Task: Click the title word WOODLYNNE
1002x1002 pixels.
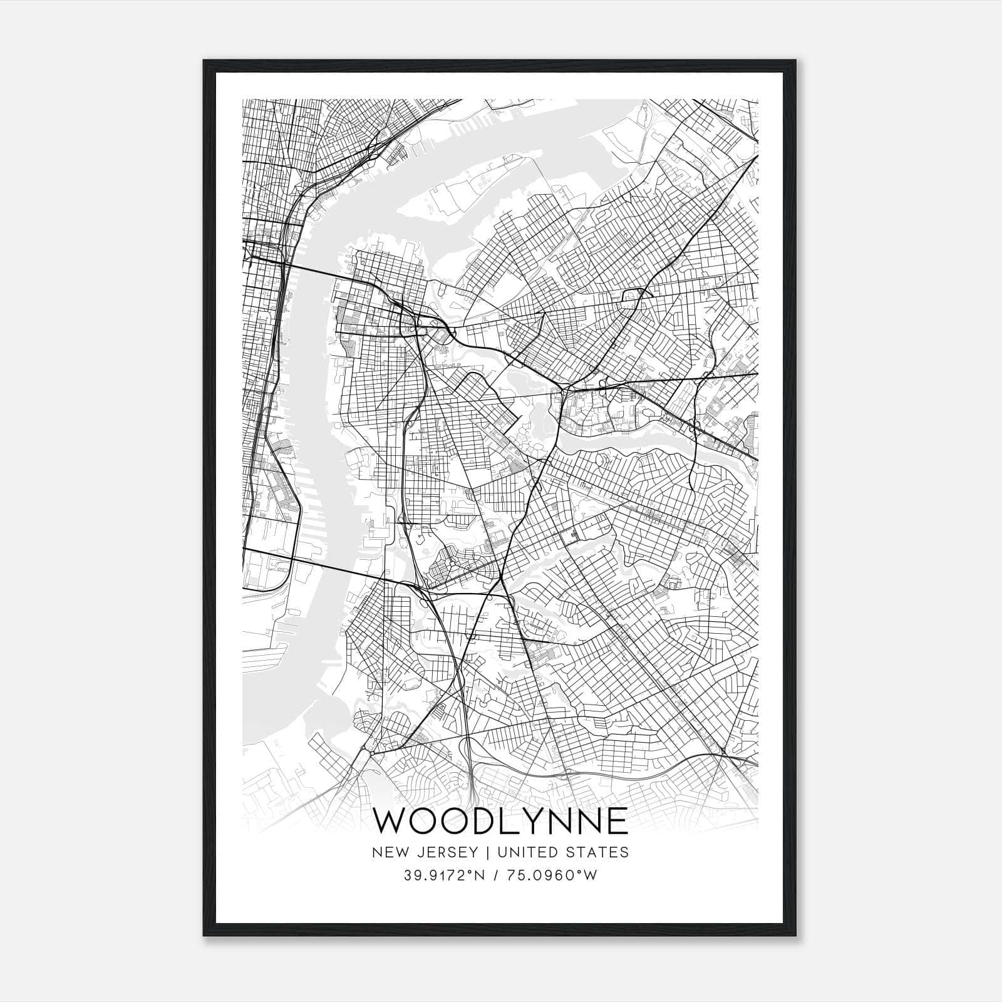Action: click(500, 821)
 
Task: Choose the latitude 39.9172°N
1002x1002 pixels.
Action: click(445, 875)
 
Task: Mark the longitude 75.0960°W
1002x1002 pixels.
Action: click(553, 875)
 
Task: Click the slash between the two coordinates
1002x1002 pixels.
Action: click(497, 875)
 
